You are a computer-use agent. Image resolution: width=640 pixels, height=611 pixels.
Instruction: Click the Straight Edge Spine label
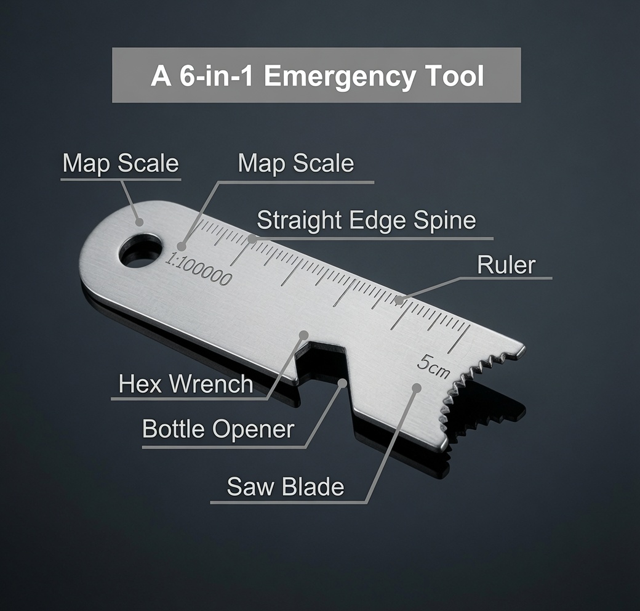[366, 221]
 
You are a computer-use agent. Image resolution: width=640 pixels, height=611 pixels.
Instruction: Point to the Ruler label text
[506, 265]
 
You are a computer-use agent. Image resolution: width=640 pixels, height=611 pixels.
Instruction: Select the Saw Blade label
[286, 487]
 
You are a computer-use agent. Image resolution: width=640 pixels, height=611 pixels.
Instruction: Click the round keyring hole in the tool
[140, 250]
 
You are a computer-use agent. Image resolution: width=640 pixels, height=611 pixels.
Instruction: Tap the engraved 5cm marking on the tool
[433, 366]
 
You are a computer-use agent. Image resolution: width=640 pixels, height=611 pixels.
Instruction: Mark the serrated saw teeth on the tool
[482, 392]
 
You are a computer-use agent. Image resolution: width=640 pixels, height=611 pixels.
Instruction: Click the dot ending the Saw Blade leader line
[417, 387]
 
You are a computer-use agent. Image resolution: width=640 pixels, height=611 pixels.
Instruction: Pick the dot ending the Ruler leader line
[399, 301]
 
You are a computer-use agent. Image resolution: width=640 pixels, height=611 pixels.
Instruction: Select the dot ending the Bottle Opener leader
[343, 382]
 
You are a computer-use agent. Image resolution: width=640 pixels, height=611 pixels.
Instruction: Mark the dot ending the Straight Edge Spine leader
[253, 238]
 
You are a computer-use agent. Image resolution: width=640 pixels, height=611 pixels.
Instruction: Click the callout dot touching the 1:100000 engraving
[182, 247]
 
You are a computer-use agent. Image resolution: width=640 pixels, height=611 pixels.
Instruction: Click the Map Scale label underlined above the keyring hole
[121, 163]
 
